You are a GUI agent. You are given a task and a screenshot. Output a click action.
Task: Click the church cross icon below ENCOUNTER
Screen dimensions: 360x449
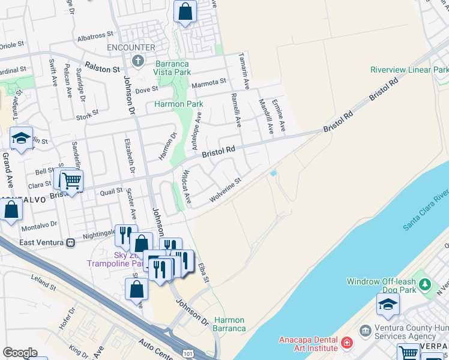coord(138,60)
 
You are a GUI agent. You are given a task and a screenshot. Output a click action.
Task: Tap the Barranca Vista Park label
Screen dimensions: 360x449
coord(173,68)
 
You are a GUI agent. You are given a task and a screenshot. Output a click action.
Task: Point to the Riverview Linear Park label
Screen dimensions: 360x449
coord(409,70)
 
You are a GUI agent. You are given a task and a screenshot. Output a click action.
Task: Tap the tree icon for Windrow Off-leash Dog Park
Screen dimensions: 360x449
coord(426,283)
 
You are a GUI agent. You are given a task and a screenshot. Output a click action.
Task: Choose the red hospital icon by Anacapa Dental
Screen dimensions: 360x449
coord(346,343)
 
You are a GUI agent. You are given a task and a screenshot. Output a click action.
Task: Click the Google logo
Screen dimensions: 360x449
coord(20,353)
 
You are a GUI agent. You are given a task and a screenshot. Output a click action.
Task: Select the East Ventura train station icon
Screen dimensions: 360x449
coord(71,242)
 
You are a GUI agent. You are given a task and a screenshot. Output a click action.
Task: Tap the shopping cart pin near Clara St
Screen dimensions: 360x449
coord(71,180)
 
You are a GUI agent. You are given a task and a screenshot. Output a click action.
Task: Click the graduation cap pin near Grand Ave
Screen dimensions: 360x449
coord(21,138)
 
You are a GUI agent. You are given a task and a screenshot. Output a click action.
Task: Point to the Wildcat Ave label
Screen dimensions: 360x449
coord(186,186)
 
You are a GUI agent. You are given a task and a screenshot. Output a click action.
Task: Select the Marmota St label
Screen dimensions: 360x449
coord(208,82)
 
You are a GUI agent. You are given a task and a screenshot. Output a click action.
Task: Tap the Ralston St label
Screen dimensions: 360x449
coord(103,69)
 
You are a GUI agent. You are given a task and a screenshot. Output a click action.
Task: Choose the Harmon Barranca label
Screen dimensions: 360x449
coord(229,324)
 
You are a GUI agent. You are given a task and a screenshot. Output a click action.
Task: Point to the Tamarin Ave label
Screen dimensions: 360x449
coord(244,64)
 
